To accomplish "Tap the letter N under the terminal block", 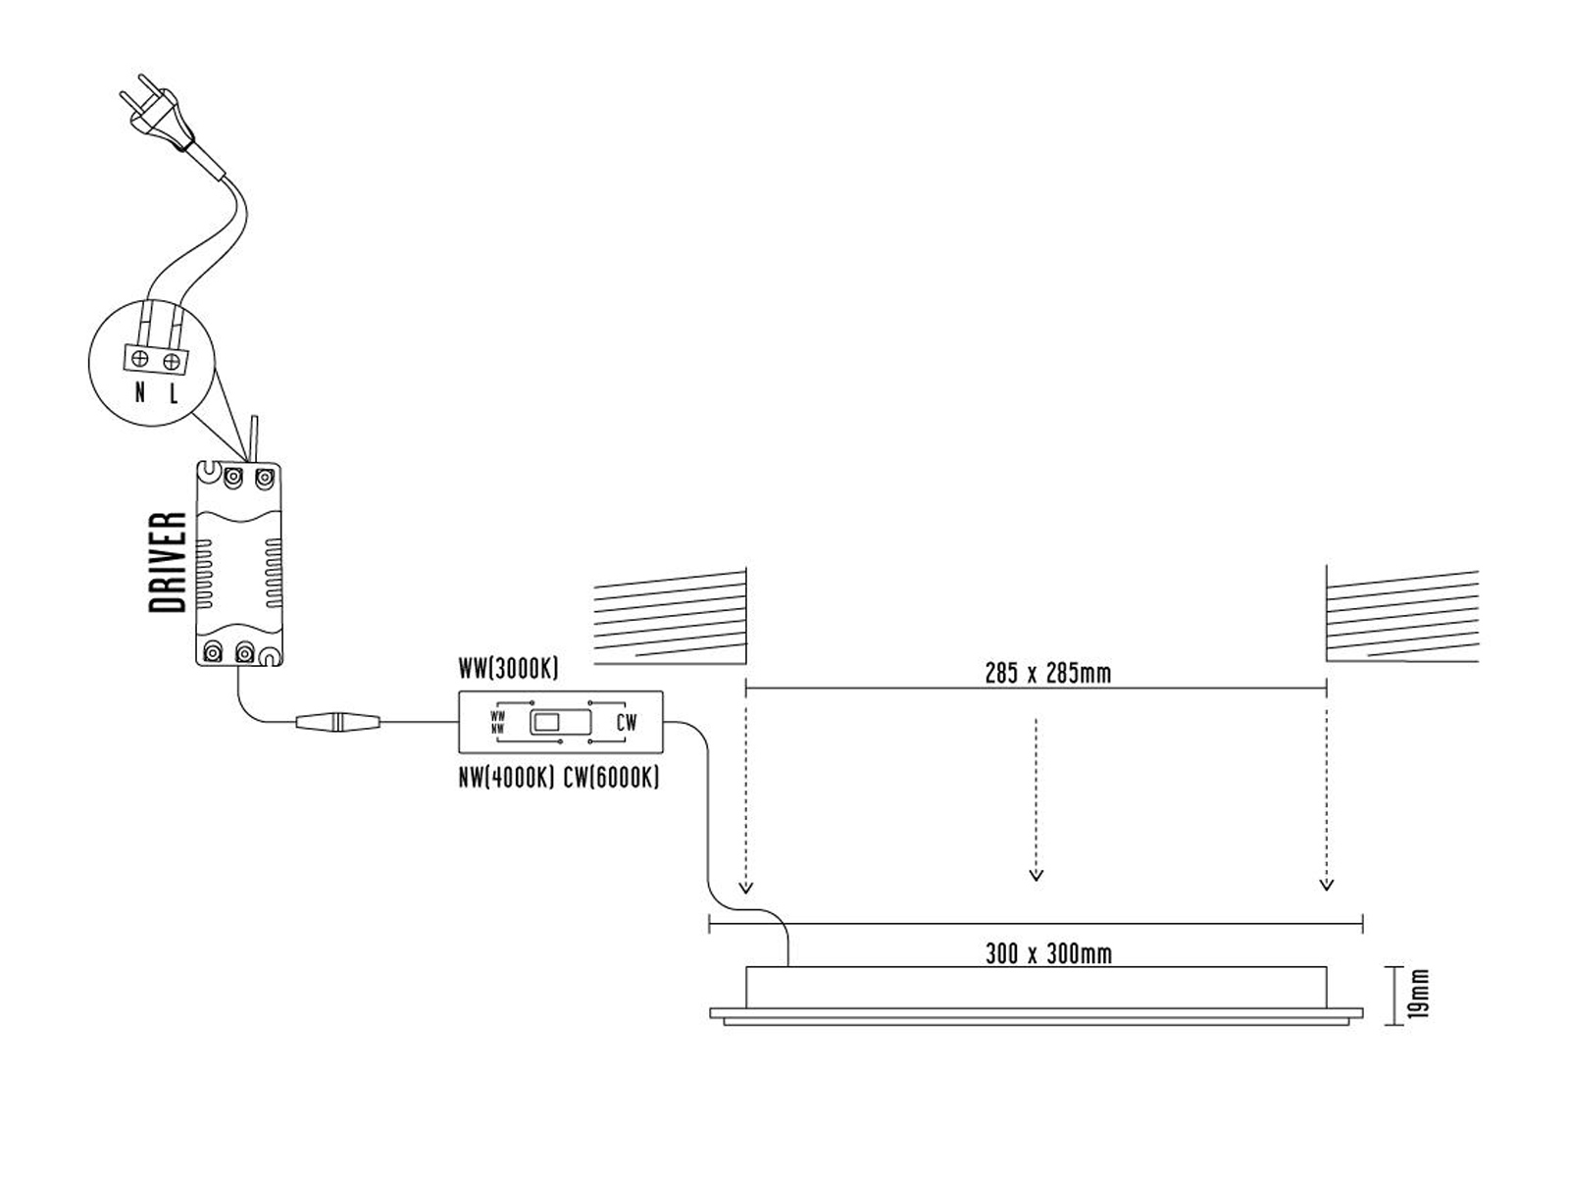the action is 140,392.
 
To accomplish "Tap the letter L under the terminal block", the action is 173,393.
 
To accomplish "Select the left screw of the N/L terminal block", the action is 140,359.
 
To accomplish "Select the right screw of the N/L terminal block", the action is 171,362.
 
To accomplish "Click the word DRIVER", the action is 168,562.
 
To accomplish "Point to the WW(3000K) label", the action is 508,669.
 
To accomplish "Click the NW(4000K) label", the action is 507,778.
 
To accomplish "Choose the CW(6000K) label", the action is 611,778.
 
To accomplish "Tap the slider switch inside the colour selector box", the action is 560,722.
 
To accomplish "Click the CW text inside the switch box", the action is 627,723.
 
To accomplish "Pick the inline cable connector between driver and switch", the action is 337,722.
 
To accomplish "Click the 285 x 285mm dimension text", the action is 1048,673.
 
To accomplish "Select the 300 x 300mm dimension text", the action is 1048,953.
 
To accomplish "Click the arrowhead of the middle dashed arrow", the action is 1036,876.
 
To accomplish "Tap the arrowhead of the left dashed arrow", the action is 745,888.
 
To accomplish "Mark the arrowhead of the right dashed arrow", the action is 1327,886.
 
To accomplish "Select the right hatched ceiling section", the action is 1402,615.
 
